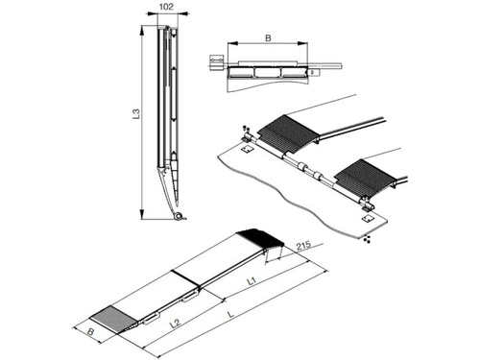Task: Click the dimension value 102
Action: [x=166, y=7]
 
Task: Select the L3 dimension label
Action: [x=136, y=114]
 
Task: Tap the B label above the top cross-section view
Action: [x=268, y=38]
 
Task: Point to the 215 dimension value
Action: [x=303, y=246]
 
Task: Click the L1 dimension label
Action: [x=252, y=281]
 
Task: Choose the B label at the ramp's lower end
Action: [x=91, y=332]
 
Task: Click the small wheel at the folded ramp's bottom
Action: [x=179, y=216]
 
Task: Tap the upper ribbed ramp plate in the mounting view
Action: [x=289, y=132]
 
